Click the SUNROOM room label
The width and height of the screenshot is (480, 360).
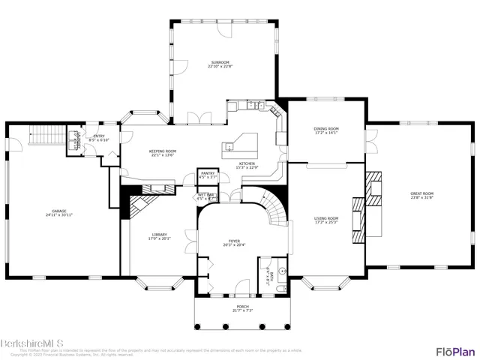pos(219,62)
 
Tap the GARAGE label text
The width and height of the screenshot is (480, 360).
pos(59,211)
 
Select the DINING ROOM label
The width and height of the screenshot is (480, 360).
pos(325,129)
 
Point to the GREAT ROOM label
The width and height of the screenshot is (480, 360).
pos(421,193)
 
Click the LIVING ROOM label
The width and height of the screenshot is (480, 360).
pos(325,218)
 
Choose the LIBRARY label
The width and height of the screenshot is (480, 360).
pos(159,235)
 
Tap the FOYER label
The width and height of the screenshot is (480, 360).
pos(234,241)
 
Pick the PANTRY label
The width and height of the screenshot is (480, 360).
pos(208,173)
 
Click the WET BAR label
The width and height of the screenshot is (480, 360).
pos(207,195)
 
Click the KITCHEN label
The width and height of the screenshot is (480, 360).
pos(247,163)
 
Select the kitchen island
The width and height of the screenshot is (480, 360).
pos(241,144)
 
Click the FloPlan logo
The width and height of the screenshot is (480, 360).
pos(454,351)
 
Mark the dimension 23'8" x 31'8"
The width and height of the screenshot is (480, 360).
pos(421,198)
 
